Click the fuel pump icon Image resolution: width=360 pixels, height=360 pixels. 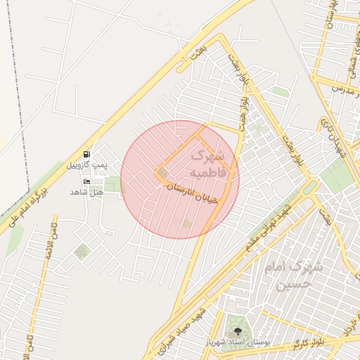pos(86,154)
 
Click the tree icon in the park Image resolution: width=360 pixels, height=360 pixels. pos(236,328)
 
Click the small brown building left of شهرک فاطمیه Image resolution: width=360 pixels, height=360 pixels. pos(164,173)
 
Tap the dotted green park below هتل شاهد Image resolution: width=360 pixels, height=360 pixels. pos(82,250)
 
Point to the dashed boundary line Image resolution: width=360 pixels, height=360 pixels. pos(13,105)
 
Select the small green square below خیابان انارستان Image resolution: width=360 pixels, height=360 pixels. pos(186,224)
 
